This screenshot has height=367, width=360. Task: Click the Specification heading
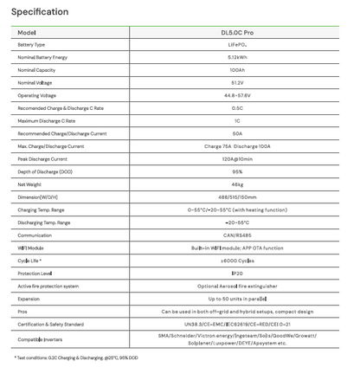tap(41, 12)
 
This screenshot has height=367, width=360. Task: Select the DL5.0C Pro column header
tap(237, 32)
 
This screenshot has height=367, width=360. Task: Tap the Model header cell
tap(27, 32)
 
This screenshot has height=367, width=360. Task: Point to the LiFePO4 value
tap(237, 44)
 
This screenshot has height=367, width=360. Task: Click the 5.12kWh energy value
tap(237, 57)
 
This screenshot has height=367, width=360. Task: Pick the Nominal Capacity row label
tap(36, 70)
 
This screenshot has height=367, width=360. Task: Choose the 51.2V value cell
tap(237, 82)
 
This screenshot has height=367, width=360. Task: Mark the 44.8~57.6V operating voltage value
tap(237, 95)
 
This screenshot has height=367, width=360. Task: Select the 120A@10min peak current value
tap(237, 159)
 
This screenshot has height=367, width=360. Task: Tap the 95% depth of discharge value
tap(237, 171)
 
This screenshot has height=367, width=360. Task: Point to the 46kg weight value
tap(237, 184)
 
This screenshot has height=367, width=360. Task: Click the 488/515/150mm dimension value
tap(237, 197)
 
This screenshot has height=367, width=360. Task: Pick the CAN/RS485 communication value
tap(237, 235)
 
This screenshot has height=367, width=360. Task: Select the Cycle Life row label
tap(29, 261)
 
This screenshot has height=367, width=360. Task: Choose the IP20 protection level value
tap(237, 273)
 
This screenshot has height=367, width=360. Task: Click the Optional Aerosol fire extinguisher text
tap(237, 286)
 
